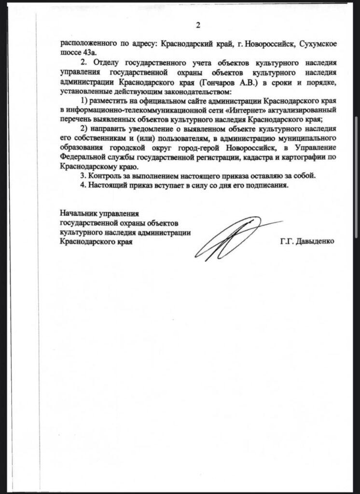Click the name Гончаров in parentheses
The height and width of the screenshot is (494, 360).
pos(218,82)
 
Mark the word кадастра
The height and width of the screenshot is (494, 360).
pos(251,157)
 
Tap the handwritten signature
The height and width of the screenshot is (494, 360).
pos(232,239)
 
